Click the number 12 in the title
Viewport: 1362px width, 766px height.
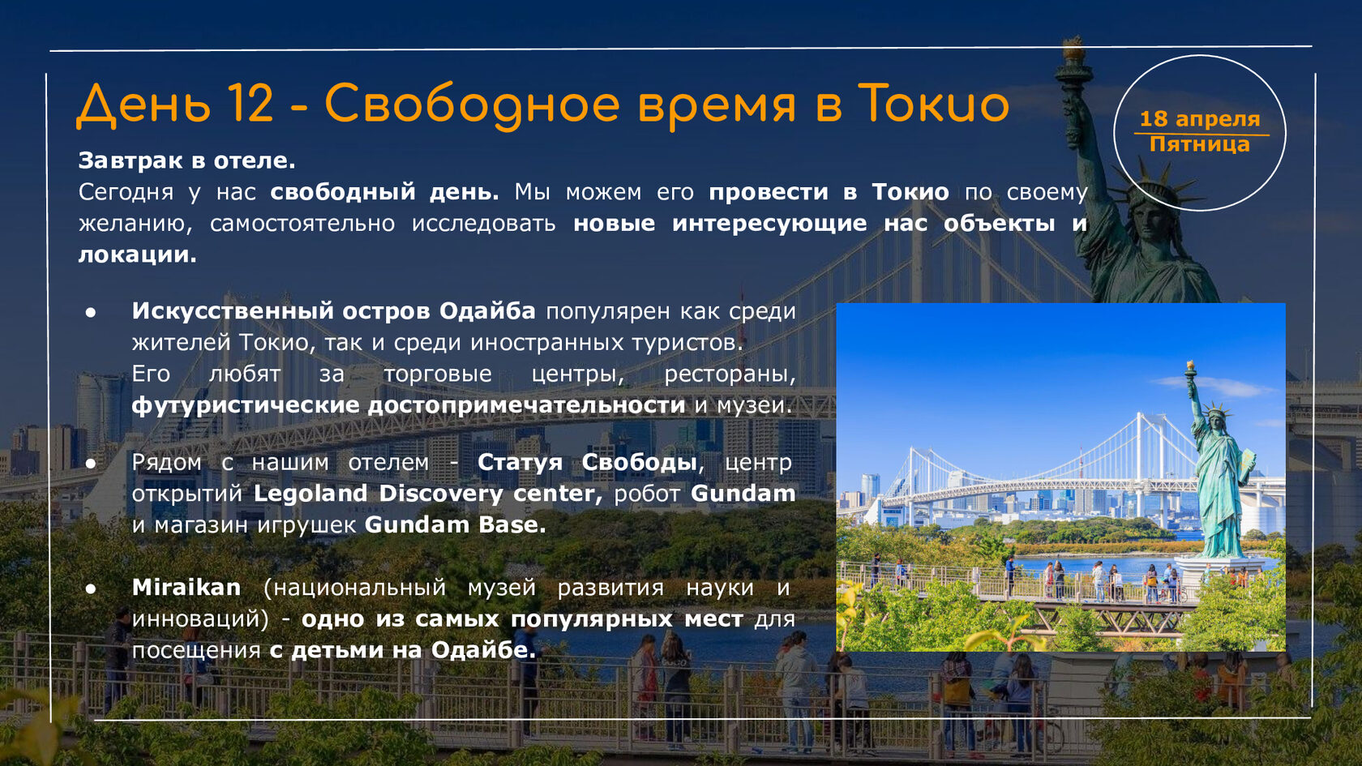[x=251, y=104]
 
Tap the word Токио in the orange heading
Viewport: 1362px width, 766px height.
[x=933, y=104]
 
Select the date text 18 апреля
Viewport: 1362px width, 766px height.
[x=1200, y=118]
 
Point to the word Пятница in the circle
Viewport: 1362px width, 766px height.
[x=1200, y=144]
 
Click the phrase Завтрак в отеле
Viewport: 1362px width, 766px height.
[x=186, y=160]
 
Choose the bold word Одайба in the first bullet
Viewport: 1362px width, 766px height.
[x=487, y=310]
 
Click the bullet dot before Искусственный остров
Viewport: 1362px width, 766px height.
[x=91, y=313]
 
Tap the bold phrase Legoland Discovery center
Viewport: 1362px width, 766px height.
[x=427, y=493]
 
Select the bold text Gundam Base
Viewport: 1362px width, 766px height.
[x=455, y=524]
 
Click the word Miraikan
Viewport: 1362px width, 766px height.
[x=186, y=587]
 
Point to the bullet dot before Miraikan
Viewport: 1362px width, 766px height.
[x=91, y=588]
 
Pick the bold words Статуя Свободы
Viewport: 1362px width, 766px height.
[x=587, y=462]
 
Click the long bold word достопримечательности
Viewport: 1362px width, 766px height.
[x=527, y=405]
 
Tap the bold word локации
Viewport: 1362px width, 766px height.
[x=138, y=255]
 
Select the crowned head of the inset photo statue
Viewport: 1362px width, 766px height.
[x=1214, y=417]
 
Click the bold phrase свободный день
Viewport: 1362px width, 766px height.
[x=384, y=192]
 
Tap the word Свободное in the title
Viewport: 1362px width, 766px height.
[x=472, y=104]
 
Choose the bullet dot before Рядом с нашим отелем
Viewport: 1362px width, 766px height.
[x=91, y=464]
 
